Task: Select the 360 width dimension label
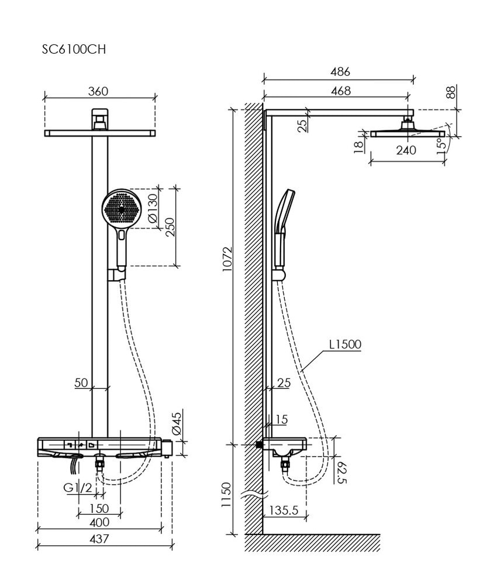pos(99,91)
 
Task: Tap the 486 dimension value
pos(340,72)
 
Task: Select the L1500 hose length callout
pos(345,345)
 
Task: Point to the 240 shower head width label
pos(406,150)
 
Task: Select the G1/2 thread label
pos(78,488)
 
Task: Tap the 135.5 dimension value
pos(284,510)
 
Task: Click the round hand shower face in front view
pos(122,207)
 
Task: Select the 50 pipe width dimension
pos(81,383)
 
